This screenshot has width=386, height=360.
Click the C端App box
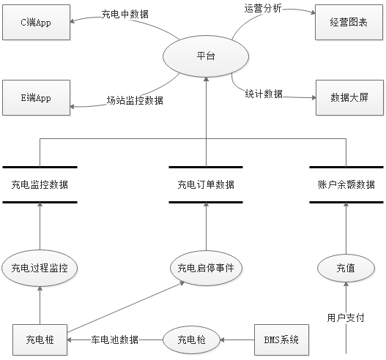coord(36,23)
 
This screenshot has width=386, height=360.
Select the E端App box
coord(36,97)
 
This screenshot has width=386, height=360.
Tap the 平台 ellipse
coord(206,56)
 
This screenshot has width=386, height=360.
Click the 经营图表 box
coord(349,23)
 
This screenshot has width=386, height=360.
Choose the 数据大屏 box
coord(349,97)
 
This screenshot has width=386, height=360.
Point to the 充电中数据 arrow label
coord(125,14)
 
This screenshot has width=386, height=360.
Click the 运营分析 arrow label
coord(263,8)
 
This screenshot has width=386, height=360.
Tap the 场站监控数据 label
coord(135,100)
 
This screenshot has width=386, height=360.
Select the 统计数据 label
coord(264,94)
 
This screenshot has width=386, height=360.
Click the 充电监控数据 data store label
coord(40,184)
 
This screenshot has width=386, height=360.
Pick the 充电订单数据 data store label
coord(206,184)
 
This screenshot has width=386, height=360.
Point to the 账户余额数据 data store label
coord(346,184)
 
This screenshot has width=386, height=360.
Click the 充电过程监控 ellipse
coord(40,268)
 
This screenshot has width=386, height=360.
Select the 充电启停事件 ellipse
coord(206,268)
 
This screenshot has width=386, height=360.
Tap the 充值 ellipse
coord(346,268)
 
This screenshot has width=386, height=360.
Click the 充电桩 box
coord(40,340)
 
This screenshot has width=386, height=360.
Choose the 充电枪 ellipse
coord(191,340)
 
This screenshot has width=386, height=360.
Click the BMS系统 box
coord(281,340)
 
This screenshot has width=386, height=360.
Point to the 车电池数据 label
coord(115,340)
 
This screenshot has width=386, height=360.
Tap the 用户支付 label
coord(346,318)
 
